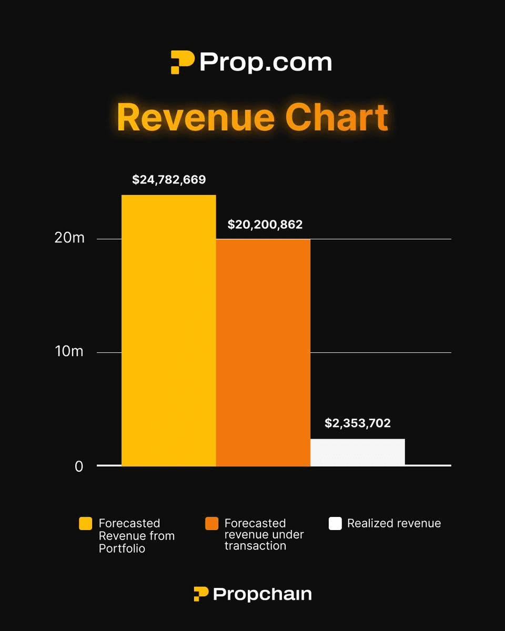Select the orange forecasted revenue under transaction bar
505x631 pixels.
click(x=263, y=352)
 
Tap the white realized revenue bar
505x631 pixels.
click(x=358, y=452)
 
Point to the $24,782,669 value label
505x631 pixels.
click(x=169, y=180)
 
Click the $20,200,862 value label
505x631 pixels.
click(x=265, y=225)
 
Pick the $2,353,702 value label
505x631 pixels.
click(x=358, y=423)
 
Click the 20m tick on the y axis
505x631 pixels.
click(x=69, y=238)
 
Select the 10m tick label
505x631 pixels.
click(x=69, y=351)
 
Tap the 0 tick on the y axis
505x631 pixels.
click(x=79, y=466)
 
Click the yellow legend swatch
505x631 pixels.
click(x=86, y=524)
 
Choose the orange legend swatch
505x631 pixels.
click(x=211, y=524)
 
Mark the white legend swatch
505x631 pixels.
click(x=335, y=524)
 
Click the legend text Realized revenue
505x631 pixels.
click(x=394, y=524)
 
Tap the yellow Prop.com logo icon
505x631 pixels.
click(x=183, y=63)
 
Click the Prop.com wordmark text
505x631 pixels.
click(x=266, y=63)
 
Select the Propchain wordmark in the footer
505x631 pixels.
click(x=262, y=594)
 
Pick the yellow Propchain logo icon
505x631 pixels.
click(x=201, y=594)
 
